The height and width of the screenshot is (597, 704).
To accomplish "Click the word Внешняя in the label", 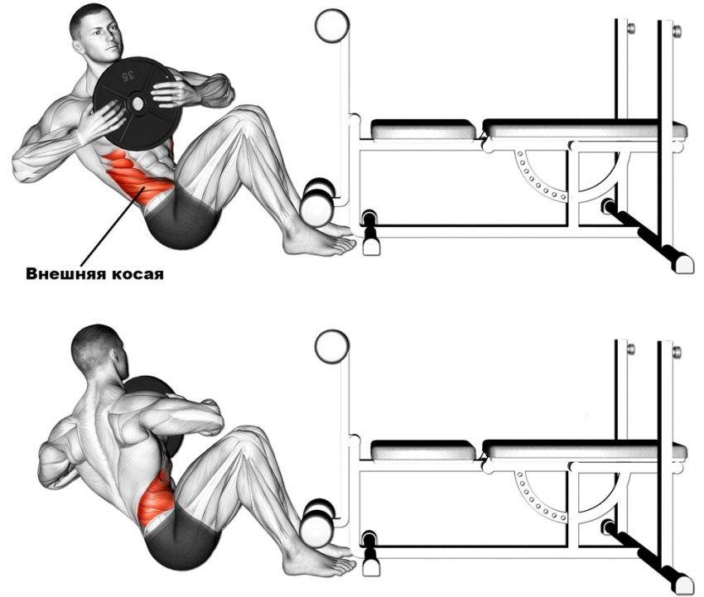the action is pyautogui.click(x=65, y=273).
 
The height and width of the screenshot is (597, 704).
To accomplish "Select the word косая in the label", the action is pyautogui.click(x=137, y=274).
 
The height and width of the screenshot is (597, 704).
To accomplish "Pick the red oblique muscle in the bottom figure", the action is pyautogui.click(x=155, y=499).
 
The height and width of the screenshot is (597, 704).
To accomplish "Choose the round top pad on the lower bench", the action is pyautogui.click(x=332, y=347).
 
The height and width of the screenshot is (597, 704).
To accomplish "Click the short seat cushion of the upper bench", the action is pyautogui.click(x=423, y=129).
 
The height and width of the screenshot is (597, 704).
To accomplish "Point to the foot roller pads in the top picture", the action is pyautogui.click(x=317, y=201).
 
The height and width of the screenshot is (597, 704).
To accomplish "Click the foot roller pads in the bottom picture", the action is pyautogui.click(x=317, y=522).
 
